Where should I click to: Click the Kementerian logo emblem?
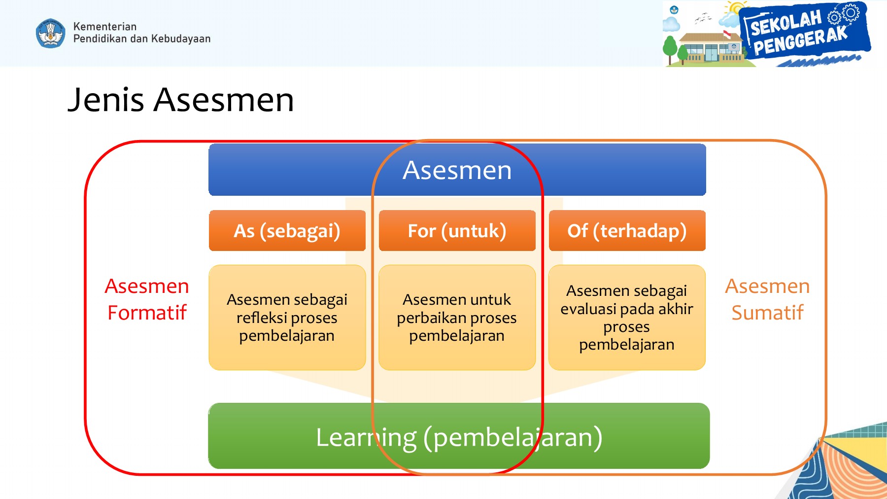click(x=50, y=34)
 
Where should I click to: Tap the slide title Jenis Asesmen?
click(x=180, y=100)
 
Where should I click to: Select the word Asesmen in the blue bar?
click(x=457, y=171)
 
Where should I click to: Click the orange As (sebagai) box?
click(x=287, y=231)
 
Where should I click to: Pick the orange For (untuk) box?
click(x=457, y=231)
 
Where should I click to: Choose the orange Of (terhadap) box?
click(x=627, y=231)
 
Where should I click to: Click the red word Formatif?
click(x=147, y=313)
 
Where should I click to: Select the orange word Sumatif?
click(x=767, y=313)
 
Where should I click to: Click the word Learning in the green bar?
click(x=366, y=437)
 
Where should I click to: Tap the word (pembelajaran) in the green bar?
click(x=512, y=437)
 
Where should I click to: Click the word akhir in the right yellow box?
click(x=676, y=309)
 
